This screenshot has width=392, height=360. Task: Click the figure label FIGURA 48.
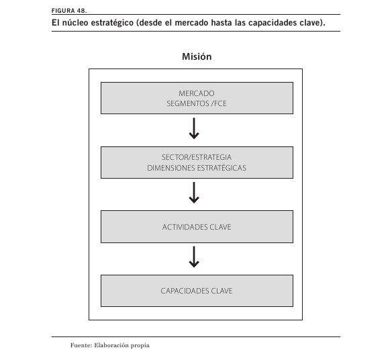[x=69, y=11]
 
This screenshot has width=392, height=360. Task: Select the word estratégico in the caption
[x=112, y=23]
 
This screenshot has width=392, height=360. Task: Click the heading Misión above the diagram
[x=197, y=56]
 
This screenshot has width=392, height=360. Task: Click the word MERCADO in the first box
[x=197, y=93]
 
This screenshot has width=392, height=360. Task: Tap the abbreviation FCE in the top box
[x=220, y=103]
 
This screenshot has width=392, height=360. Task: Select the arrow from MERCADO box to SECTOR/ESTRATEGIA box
[x=194, y=128]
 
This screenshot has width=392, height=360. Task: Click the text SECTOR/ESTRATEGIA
[x=197, y=157]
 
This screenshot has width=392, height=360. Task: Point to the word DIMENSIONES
[x=170, y=168]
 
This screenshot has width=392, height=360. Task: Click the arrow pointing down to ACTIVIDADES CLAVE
[x=194, y=193]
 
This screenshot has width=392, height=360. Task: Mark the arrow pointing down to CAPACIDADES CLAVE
[x=194, y=257]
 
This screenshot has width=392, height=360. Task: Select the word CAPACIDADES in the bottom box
[x=185, y=291]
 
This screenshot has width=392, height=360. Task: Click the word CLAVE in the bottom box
[x=222, y=291]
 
